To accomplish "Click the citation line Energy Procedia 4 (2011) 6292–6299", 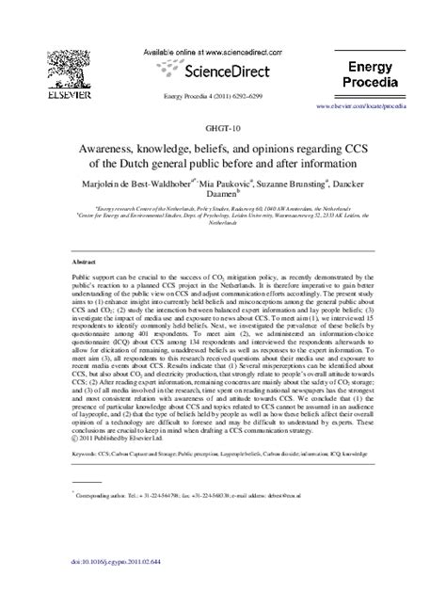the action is [x=221, y=97].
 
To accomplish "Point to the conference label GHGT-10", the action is [x=222, y=126].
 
